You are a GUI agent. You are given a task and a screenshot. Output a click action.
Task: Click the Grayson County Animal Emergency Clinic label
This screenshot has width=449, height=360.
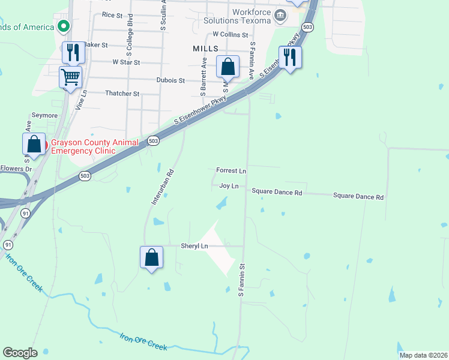82,146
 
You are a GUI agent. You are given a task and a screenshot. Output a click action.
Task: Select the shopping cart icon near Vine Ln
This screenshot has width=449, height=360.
71,77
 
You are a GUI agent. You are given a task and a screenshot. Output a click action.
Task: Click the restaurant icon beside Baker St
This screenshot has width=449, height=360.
73,52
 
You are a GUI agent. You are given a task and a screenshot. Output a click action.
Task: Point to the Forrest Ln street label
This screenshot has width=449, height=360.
231,171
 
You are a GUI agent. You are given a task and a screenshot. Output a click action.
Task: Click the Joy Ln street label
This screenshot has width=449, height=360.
229,186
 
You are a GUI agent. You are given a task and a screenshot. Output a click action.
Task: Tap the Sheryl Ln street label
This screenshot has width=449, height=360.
194,246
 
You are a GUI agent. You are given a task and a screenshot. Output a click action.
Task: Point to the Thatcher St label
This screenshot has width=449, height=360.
122,94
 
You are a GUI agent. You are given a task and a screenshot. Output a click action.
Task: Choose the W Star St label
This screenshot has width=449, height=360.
126,62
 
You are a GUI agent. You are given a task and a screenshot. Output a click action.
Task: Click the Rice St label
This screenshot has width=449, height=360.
112,14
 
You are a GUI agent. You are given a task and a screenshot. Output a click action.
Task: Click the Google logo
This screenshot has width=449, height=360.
20,353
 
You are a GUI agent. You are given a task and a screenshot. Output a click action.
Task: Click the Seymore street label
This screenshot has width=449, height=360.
44,115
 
